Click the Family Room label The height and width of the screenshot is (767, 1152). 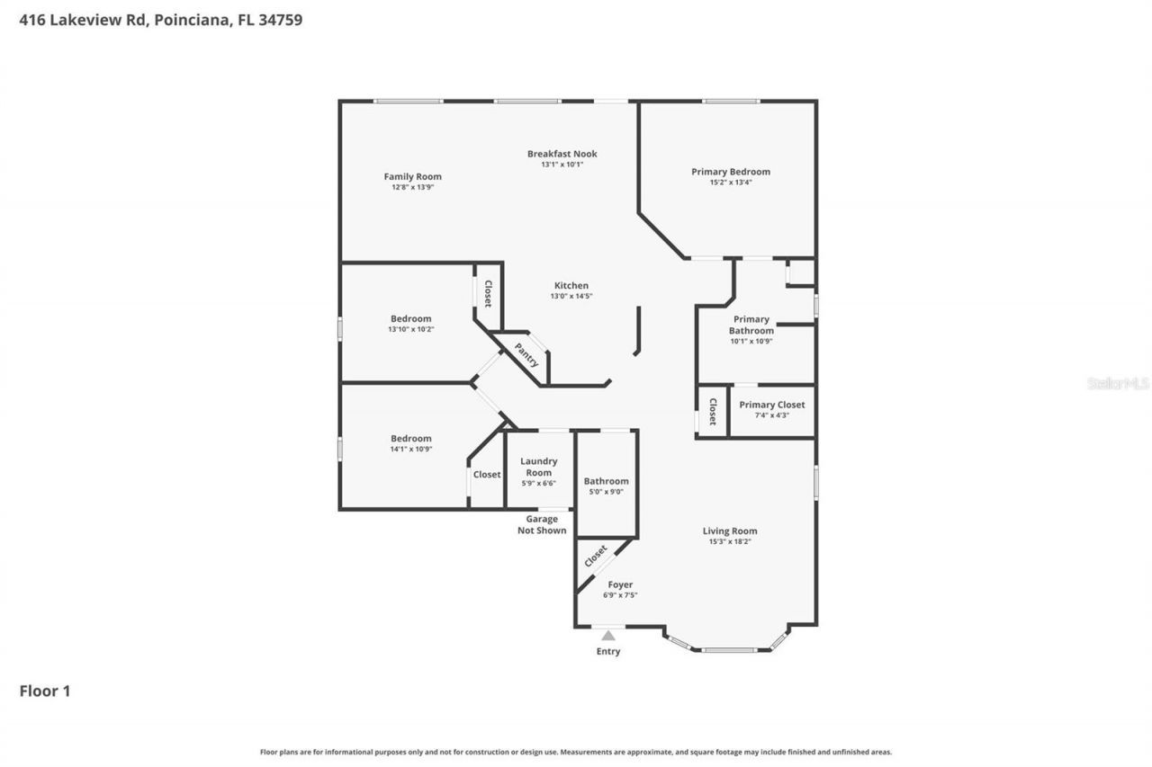[x=412, y=176]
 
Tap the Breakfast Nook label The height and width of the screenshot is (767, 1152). [x=562, y=154]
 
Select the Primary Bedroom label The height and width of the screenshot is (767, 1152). [x=730, y=172]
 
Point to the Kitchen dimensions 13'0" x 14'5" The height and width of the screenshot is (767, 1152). [x=571, y=297]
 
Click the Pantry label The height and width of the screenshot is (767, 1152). [x=526, y=354]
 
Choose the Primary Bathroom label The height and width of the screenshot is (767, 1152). [x=751, y=325]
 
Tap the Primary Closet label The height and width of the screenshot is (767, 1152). [x=771, y=405]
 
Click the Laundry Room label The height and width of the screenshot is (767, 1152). [x=538, y=467]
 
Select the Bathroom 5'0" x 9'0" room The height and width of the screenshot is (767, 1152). [x=606, y=486]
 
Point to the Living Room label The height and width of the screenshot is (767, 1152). [x=730, y=531]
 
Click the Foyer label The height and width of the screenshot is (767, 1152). [x=619, y=584]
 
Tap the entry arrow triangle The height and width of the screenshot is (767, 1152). [x=608, y=636]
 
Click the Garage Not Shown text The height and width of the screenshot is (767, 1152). [x=542, y=524]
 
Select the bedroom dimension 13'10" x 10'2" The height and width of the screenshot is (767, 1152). [x=410, y=329]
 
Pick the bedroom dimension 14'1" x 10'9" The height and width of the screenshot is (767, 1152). [x=410, y=449]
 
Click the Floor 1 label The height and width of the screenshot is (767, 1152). [x=45, y=691]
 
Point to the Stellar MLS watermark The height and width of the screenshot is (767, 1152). [x=1118, y=383]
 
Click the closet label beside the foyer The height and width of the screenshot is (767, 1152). [x=595, y=557]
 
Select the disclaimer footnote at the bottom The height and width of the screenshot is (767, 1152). [x=576, y=752]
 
